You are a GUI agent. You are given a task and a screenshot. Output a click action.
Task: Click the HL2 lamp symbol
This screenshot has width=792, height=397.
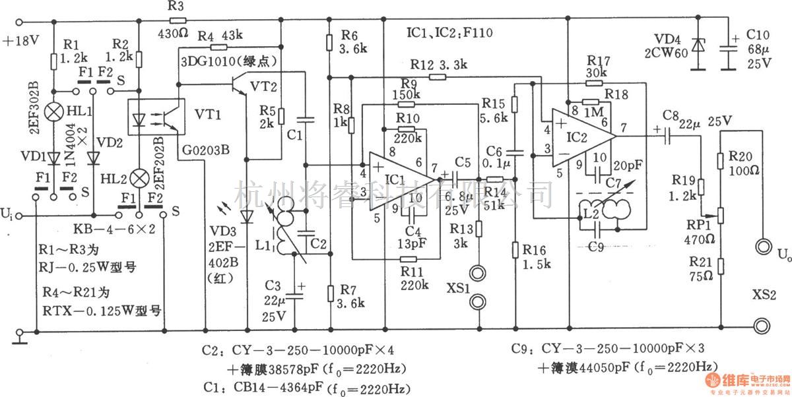(139, 178)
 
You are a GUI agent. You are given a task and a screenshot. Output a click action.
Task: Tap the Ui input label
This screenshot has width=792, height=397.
(8, 214)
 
